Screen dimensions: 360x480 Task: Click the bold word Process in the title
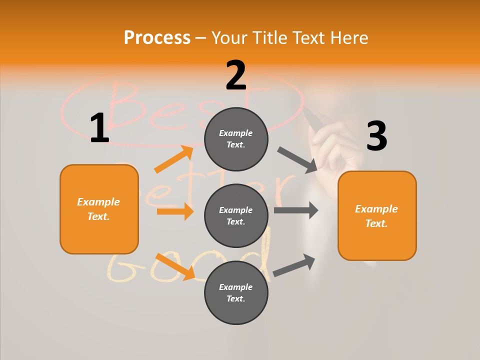(x=157, y=37)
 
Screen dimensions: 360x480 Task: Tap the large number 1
(x=99, y=128)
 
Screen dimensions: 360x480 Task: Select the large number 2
(x=236, y=75)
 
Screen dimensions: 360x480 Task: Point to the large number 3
(x=376, y=136)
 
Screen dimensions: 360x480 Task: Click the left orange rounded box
(x=99, y=209)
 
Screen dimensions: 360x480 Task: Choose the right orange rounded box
(x=377, y=215)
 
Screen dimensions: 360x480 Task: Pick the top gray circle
(x=236, y=139)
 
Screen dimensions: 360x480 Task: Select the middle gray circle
(x=236, y=215)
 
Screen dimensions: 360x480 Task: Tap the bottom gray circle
(x=236, y=292)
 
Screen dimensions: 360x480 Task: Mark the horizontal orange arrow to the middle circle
(x=175, y=211)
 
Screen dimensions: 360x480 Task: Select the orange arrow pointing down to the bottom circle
(x=175, y=266)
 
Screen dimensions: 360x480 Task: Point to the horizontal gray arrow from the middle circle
(x=296, y=210)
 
